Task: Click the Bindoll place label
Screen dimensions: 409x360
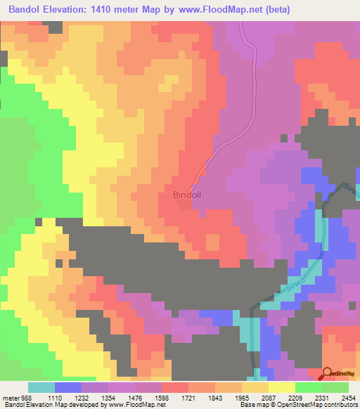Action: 187,197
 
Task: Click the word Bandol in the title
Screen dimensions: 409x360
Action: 27,10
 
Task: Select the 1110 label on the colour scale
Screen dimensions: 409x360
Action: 68,397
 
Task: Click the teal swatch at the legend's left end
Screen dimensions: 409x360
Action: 41,387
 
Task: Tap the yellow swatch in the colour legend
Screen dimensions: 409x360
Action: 281,387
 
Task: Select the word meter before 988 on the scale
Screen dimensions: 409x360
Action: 11,397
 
